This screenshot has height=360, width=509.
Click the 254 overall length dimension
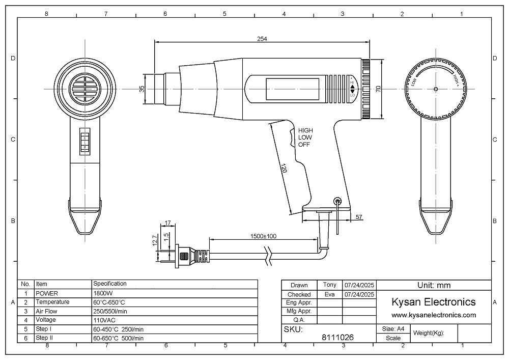pos(262,39)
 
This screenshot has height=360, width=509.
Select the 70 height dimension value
pos(378,89)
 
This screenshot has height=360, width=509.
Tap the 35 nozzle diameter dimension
pos(143,89)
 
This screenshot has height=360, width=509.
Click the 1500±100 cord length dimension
pos(264,236)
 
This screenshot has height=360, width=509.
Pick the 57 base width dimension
pos(358,217)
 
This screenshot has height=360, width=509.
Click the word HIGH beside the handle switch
pos(305,130)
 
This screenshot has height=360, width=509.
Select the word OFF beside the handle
pos(304,145)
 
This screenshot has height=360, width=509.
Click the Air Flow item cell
pos(46,311)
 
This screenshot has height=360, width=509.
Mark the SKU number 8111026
pos(338,337)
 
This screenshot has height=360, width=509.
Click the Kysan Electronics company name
pos(434,302)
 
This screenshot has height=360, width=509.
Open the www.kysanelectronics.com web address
pos(434,315)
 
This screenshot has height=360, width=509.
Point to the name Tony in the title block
pos(330,285)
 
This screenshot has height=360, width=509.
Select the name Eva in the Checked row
pos(330,294)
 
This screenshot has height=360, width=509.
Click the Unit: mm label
pos(434,285)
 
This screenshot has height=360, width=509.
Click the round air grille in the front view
pos(83,88)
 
